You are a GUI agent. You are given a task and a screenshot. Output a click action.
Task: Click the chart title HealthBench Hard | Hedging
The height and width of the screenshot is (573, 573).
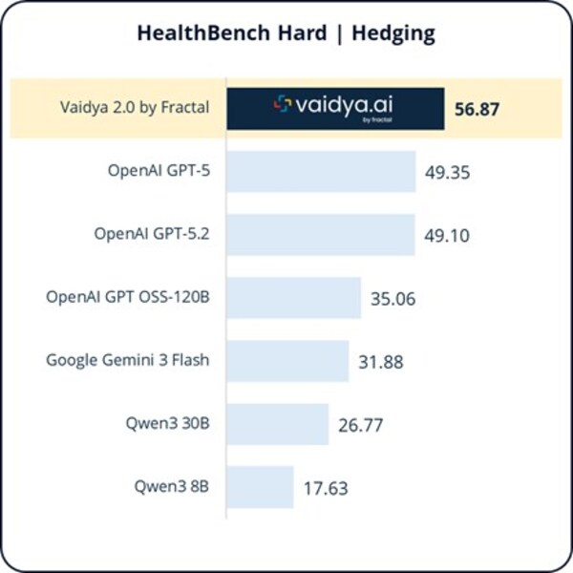286,34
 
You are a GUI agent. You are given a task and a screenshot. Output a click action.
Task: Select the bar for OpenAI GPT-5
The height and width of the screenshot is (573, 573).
321,172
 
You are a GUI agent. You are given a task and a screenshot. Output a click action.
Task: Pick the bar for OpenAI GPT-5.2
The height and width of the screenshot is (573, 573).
320,235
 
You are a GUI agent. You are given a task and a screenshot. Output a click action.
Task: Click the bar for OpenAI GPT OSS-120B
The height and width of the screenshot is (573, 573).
293,298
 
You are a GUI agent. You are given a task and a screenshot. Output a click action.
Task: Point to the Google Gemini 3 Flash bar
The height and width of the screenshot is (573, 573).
287,361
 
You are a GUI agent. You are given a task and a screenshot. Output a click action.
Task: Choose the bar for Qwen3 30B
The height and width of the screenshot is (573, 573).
277,424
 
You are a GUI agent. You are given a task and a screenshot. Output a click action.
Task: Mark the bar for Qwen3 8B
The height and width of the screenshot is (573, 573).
259,487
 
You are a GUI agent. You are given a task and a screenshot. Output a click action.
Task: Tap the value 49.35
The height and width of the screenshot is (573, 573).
450,173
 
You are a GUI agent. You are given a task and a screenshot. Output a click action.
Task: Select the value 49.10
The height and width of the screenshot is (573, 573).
448,236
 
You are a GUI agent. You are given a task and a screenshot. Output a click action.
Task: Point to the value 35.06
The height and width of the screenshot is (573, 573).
393,299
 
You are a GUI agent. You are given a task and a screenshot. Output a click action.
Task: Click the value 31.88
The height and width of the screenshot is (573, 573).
382,362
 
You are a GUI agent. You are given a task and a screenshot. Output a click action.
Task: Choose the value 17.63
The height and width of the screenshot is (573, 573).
325,488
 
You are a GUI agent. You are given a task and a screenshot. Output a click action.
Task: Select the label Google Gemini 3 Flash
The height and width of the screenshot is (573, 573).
128,360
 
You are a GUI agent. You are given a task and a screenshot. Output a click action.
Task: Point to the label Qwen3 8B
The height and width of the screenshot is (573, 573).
171,486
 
